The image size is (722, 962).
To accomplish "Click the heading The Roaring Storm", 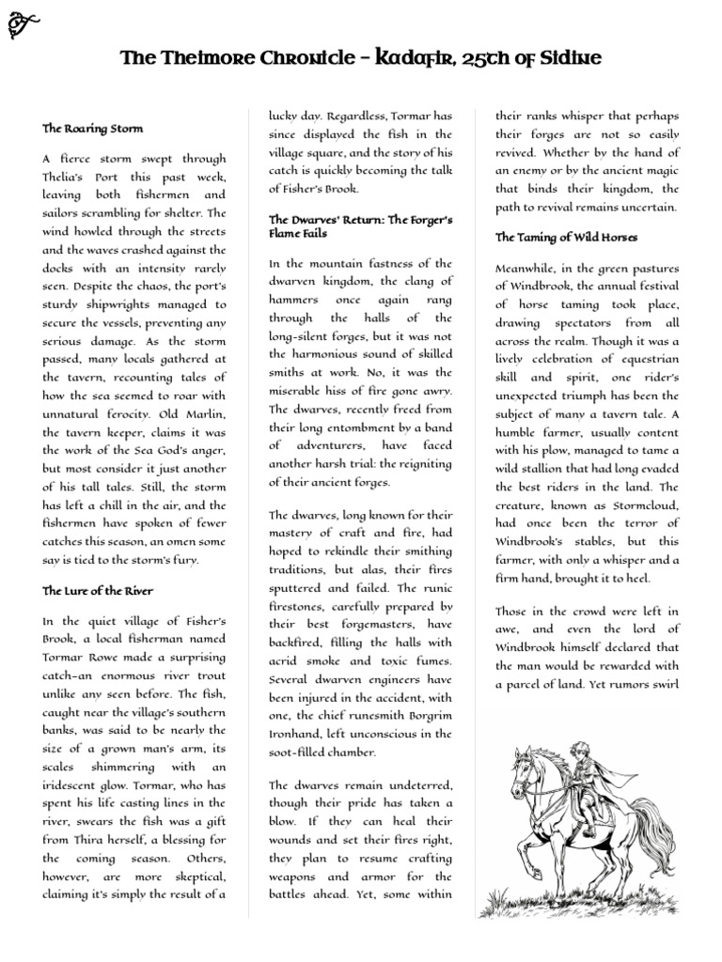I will [x=92, y=127].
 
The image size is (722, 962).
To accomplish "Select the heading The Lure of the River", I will [x=98, y=591].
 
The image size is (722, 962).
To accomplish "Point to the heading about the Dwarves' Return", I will [x=360, y=225].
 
